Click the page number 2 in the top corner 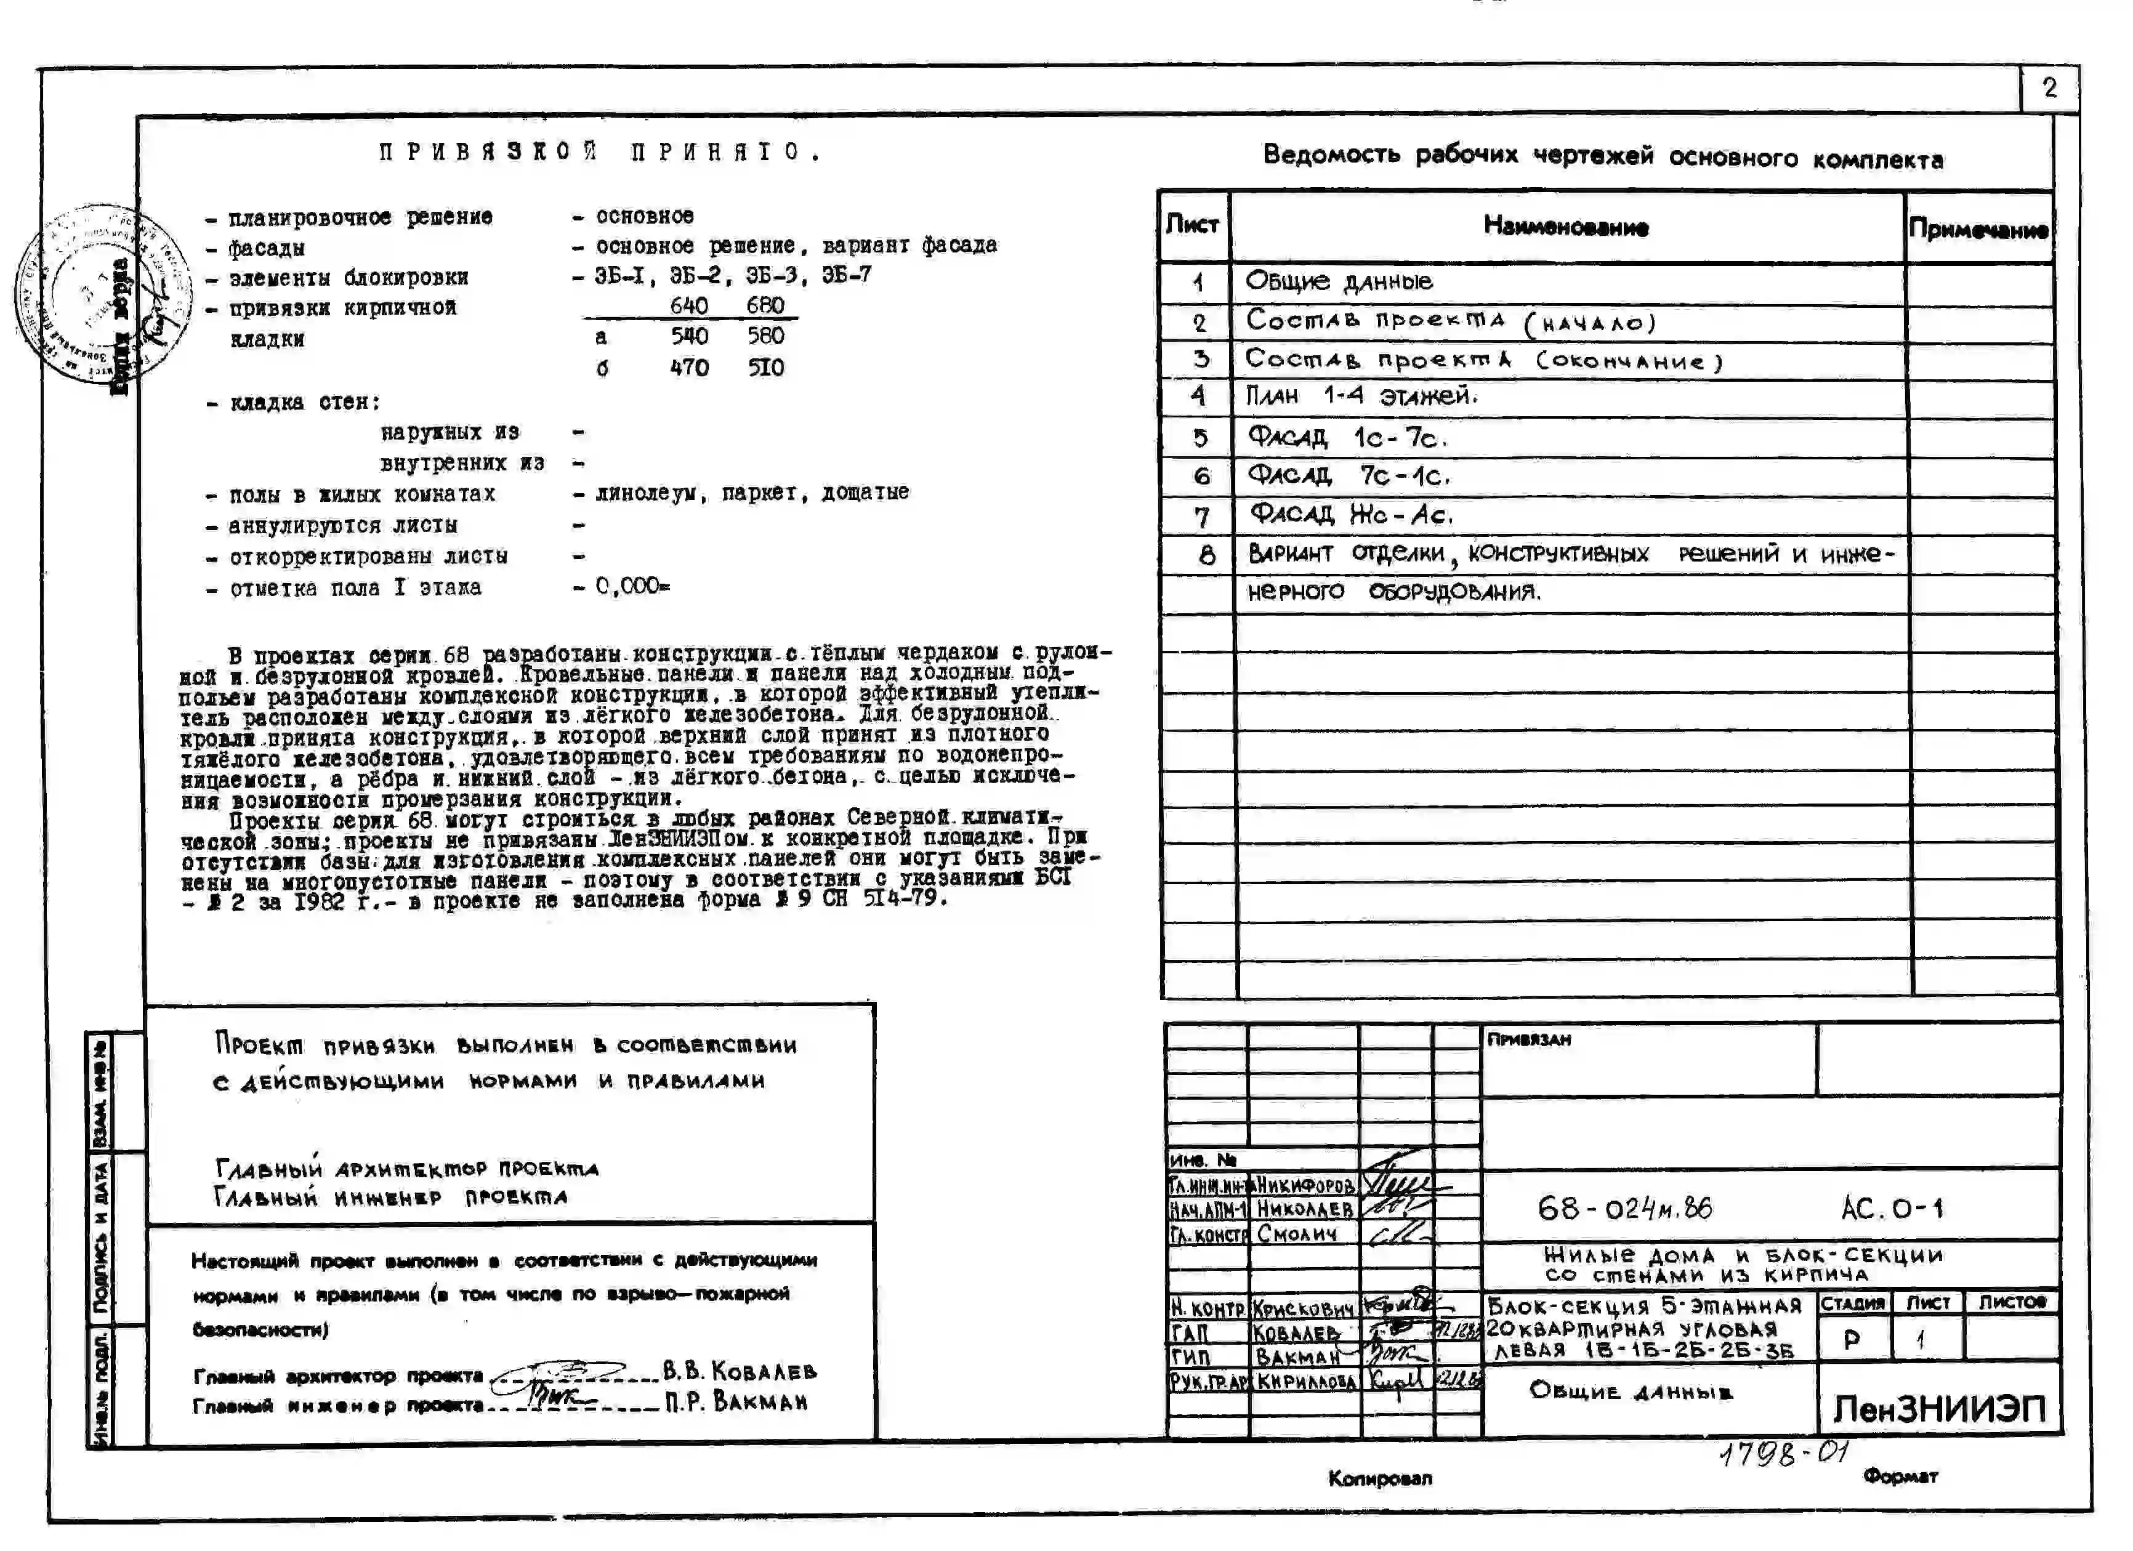pyautogui.click(x=2050, y=89)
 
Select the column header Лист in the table pyautogui.click(x=1193, y=225)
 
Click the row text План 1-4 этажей pyautogui.click(x=1360, y=396)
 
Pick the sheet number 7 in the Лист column pyautogui.click(x=1201, y=517)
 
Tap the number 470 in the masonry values pyautogui.click(x=690, y=368)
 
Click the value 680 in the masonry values pyautogui.click(x=765, y=305)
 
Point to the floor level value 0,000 pyautogui.click(x=630, y=587)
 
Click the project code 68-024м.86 pyautogui.click(x=1624, y=1207)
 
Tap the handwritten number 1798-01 pyautogui.click(x=1784, y=1454)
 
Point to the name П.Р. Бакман pyautogui.click(x=736, y=1403)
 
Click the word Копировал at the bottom pyautogui.click(x=1380, y=1478)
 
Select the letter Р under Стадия pyautogui.click(x=1851, y=1339)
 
